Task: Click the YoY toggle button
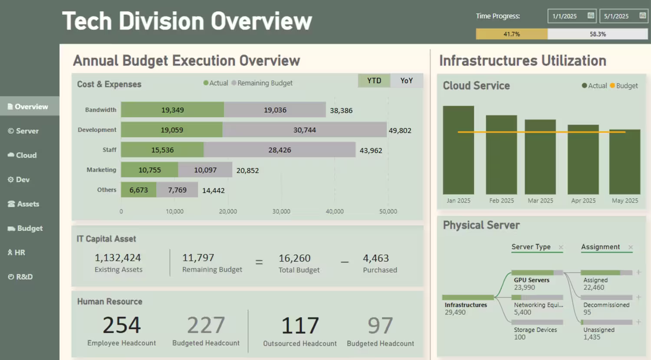click(x=407, y=81)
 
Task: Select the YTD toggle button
click(x=374, y=81)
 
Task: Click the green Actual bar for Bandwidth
click(x=172, y=110)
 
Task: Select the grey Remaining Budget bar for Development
click(x=304, y=130)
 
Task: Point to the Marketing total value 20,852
click(x=247, y=170)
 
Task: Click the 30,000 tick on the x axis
click(x=281, y=211)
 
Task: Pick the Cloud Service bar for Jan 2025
click(x=458, y=150)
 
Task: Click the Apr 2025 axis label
click(x=583, y=200)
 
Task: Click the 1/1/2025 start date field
click(x=565, y=16)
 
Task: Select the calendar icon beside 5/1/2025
click(x=643, y=16)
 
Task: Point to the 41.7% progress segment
click(x=512, y=34)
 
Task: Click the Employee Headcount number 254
click(x=122, y=325)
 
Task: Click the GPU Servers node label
click(x=532, y=280)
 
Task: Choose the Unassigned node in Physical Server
click(x=599, y=330)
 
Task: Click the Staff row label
click(x=109, y=150)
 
